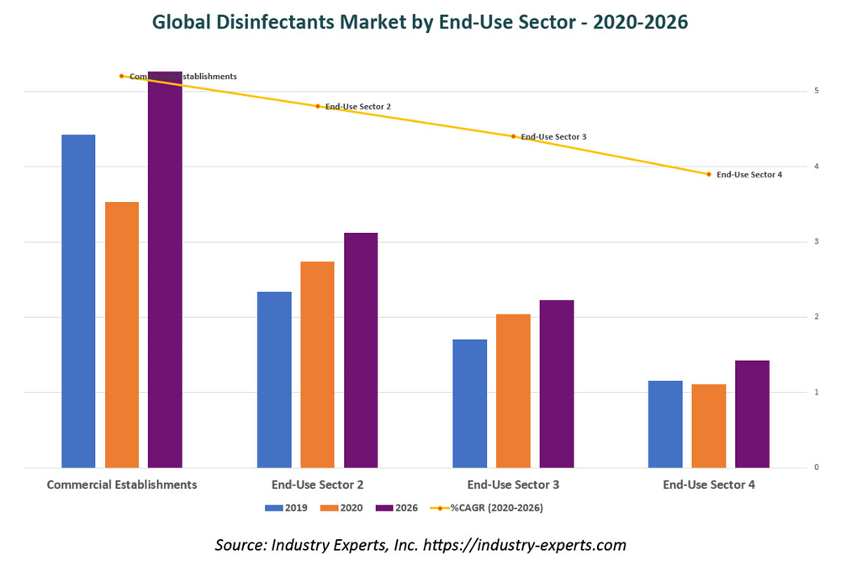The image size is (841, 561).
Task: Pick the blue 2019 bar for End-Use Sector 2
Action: tap(274, 379)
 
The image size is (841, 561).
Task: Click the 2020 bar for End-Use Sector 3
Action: tap(513, 390)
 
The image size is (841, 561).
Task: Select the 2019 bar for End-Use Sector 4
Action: tap(665, 424)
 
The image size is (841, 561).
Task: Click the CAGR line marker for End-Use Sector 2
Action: tap(318, 106)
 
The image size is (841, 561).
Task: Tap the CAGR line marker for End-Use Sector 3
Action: tap(513, 136)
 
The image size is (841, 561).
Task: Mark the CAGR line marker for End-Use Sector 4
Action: tap(709, 174)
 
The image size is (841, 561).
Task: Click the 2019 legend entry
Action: tap(286, 507)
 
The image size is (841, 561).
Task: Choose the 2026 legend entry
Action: tap(396, 507)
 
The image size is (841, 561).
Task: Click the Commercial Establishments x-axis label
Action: tap(122, 484)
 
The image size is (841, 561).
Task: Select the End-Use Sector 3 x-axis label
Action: tap(513, 484)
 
